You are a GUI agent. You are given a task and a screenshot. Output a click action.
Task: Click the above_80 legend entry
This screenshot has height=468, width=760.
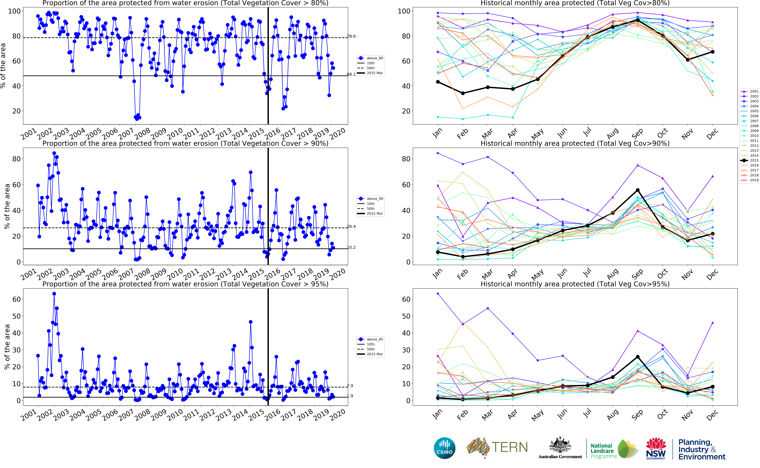pyautogui.click(x=375, y=58)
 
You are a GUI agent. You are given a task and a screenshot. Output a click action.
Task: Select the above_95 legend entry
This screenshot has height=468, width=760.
pyautogui.click(x=375, y=339)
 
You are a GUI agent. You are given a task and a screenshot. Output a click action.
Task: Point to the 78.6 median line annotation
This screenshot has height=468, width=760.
pyautogui.click(x=351, y=36)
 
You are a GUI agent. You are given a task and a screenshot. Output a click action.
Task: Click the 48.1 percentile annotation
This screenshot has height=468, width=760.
pyautogui.click(x=351, y=74)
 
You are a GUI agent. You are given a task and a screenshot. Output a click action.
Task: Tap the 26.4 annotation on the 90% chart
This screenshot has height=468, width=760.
pyautogui.click(x=351, y=227)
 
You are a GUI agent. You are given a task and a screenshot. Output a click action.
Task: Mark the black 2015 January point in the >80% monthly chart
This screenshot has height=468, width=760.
pyautogui.click(x=438, y=82)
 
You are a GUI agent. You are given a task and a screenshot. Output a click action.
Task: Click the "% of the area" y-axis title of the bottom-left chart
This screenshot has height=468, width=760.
pyautogui.click(x=7, y=347)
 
